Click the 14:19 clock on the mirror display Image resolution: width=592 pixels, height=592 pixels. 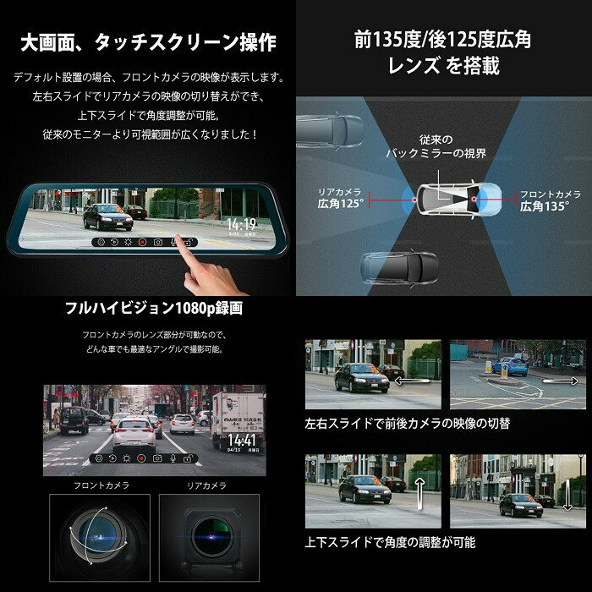[x=240, y=225]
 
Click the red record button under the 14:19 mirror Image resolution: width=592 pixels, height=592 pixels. [x=142, y=242]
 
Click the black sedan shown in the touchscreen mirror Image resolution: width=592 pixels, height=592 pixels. [x=107, y=217]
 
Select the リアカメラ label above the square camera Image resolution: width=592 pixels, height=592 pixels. [x=207, y=485]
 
